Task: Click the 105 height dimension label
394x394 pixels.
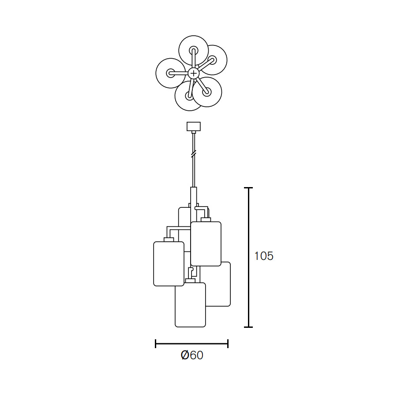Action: tap(263, 256)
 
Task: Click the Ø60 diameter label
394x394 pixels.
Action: tap(192, 355)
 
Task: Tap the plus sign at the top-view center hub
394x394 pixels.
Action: tap(194, 73)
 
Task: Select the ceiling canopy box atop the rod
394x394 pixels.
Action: tap(194, 126)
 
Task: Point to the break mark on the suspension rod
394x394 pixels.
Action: tap(194, 154)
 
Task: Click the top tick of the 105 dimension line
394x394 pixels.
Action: tap(248, 188)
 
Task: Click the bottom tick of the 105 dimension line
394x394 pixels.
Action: tap(248, 327)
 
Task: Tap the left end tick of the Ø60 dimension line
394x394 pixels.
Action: tap(156, 344)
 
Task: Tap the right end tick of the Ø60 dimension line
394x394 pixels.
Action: tap(228, 344)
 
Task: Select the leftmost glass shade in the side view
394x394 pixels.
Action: tap(169, 264)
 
